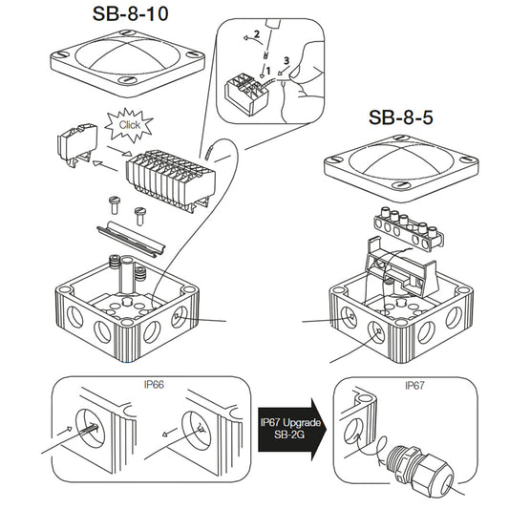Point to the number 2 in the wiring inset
point(256,35)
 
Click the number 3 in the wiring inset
point(286,60)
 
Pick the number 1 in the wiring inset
point(268,71)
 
